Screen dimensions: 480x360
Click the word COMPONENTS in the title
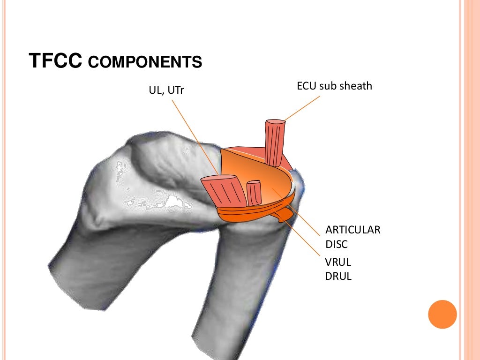[x=145, y=62]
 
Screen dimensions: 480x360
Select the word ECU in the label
[x=306, y=86]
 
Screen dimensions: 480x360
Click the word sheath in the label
[x=357, y=86]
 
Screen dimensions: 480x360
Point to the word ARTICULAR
[x=353, y=230]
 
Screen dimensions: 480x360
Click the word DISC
[x=337, y=244]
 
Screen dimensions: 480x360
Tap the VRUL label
[x=337, y=262]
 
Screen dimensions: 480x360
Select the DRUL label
[x=338, y=276]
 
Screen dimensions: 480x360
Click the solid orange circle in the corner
[x=442, y=314]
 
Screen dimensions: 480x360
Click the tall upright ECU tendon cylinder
[x=275, y=143]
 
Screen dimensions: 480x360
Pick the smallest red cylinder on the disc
[x=254, y=193]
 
